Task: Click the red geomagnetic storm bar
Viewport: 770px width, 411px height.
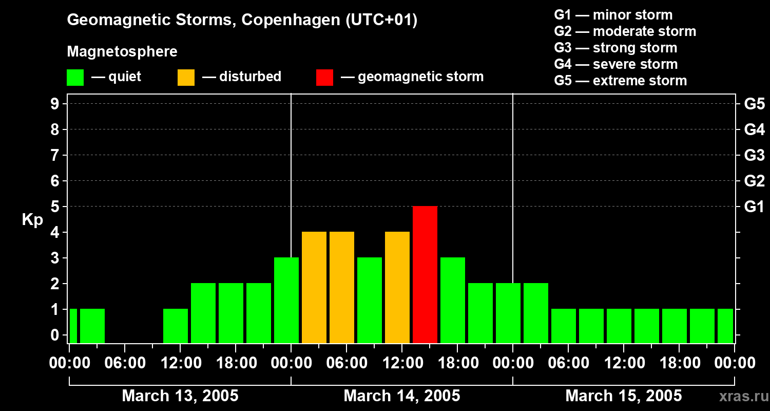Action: (x=425, y=274)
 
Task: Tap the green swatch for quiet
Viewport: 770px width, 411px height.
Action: (x=75, y=77)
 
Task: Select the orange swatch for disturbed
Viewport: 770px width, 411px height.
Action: (x=186, y=77)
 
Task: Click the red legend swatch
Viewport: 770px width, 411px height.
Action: (x=324, y=77)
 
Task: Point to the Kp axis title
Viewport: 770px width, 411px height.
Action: (x=32, y=220)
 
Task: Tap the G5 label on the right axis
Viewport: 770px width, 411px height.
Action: (x=754, y=104)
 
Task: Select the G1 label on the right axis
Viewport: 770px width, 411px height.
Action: (x=754, y=207)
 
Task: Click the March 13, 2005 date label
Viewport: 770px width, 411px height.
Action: (x=180, y=396)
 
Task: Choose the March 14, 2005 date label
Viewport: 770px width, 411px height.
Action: (x=402, y=396)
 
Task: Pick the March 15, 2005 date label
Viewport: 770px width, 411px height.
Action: (x=624, y=396)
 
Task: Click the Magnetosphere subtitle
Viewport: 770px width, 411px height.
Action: (x=122, y=52)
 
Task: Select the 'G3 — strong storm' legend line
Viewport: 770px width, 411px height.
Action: (x=615, y=48)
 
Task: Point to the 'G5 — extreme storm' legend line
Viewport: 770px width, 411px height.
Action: (x=620, y=81)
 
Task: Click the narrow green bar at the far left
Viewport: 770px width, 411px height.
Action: (x=73, y=326)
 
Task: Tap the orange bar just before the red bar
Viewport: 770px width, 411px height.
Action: (x=397, y=287)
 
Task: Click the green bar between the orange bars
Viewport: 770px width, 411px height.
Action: (x=370, y=300)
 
